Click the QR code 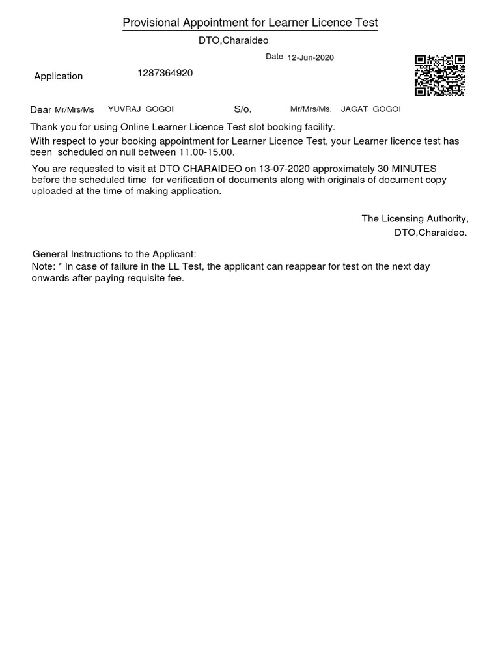[440, 76]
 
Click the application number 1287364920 [165, 73]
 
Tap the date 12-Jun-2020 [311, 57]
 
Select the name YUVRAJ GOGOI [141, 109]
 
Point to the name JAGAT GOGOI [371, 109]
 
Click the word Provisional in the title [151, 23]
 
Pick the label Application [59, 76]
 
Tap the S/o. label [242, 109]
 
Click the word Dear [41, 109]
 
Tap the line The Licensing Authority [415, 218]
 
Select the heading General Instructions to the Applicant [114, 254]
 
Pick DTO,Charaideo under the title [233, 40]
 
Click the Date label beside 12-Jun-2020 [274, 57]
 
